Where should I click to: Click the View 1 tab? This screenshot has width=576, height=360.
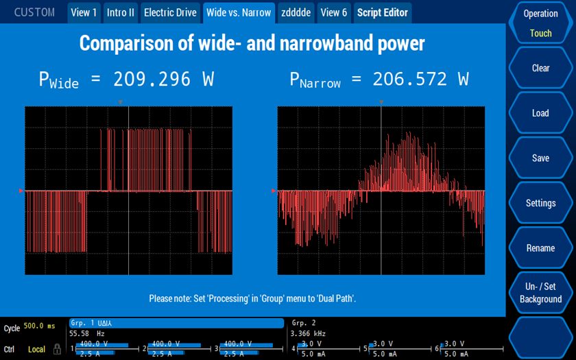click(x=84, y=12)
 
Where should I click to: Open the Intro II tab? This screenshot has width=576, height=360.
click(x=121, y=12)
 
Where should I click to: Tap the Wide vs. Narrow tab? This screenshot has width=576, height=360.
click(x=239, y=12)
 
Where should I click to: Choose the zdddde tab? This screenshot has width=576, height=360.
click(x=296, y=12)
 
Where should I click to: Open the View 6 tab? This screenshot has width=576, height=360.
click(x=334, y=12)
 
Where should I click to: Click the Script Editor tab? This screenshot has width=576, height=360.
click(x=383, y=12)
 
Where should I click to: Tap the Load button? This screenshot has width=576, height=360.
click(x=540, y=113)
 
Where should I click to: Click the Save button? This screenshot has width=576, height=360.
click(x=540, y=158)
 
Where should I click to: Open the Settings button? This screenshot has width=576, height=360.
click(x=540, y=203)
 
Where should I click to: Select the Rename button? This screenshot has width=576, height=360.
click(x=540, y=248)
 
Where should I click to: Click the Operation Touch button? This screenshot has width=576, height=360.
click(x=540, y=23)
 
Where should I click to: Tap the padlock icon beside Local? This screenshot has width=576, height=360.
click(x=58, y=349)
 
